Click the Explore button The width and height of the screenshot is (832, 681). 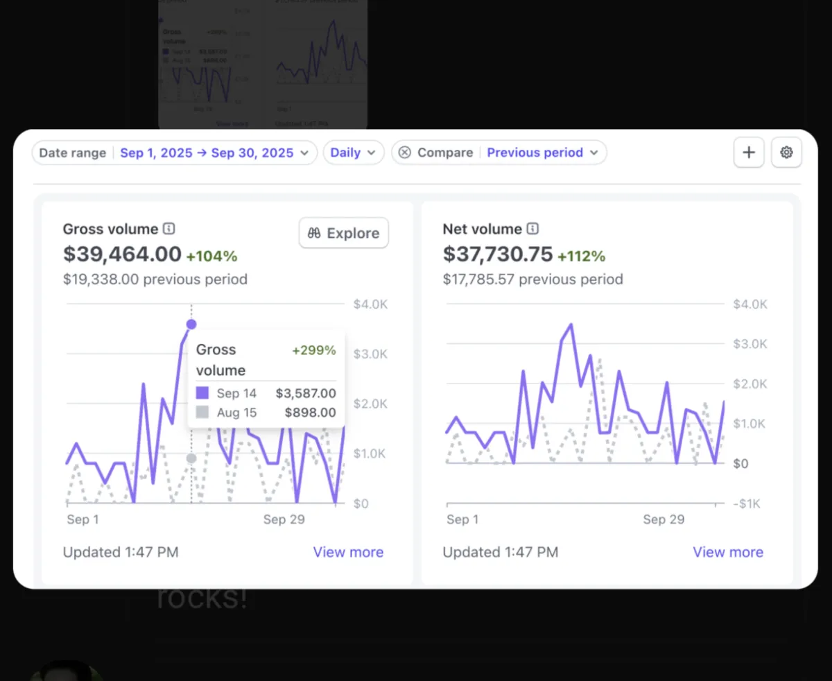(x=344, y=233)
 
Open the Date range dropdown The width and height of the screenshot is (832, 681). (x=174, y=153)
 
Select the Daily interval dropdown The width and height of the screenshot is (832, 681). (x=353, y=153)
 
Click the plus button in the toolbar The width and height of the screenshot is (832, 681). (x=749, y=153)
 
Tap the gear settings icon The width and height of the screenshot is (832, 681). (x=786, y=153)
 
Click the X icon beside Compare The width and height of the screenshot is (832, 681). (x=405, y=153)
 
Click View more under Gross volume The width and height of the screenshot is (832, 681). (x=348, y=552)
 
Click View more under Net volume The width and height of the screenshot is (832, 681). (x=728, y=552)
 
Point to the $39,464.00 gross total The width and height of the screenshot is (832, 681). (x=122, y=255)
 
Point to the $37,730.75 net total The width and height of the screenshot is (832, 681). (x=498, y=255)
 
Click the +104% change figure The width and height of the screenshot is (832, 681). (x=211, y=257)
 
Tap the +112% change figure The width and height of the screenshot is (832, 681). (x=581, y=257)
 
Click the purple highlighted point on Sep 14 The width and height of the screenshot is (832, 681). (x=191, y=324)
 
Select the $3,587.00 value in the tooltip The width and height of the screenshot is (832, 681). (x=306, y=394)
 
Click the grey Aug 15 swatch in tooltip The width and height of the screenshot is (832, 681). (x=202, y=413)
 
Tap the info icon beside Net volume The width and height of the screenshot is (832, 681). (x=532, y=229)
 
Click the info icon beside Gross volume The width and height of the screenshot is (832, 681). (x=169, y=229)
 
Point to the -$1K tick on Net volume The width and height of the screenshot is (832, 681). (x=749, y=504)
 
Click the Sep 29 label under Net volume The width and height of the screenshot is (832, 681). (x=664, y=519)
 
